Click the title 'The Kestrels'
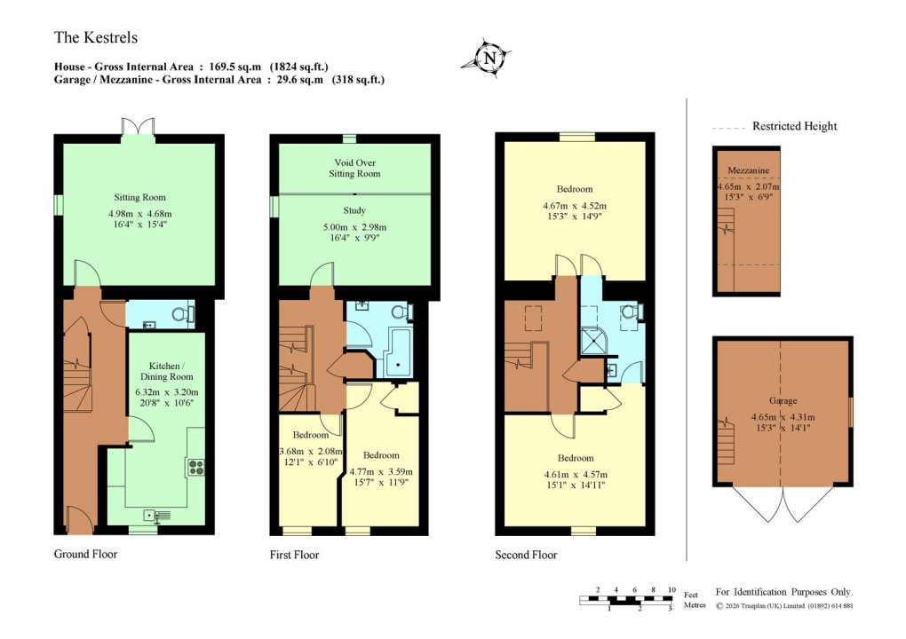pos(96,38)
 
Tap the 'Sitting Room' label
pos(139,197)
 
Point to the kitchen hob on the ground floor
pos(195,466)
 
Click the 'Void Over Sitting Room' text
pos(354,168)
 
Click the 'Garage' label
pos(782,400)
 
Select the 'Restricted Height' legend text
pos(794,126)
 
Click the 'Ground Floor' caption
pos(85,555)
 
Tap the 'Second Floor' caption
pos(526,556)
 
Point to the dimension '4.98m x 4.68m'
pos(139,213)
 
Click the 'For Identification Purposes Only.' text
pos(783,592)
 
